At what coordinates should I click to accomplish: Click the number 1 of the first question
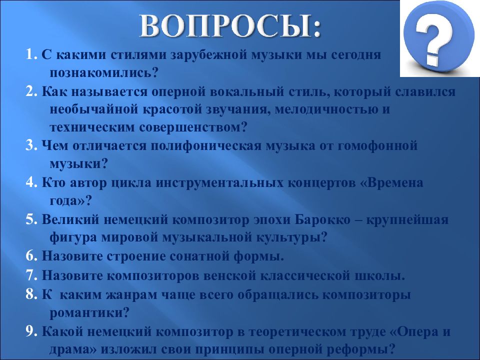pos(30,55)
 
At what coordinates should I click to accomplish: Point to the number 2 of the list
pos(30,91)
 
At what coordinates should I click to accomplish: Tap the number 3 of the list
pos(30,145)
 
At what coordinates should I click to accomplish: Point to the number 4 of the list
pos(30,182)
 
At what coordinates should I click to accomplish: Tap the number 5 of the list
pos(30,219)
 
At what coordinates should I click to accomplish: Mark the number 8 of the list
pos(30,294)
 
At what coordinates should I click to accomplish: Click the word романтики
pos(90,312)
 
